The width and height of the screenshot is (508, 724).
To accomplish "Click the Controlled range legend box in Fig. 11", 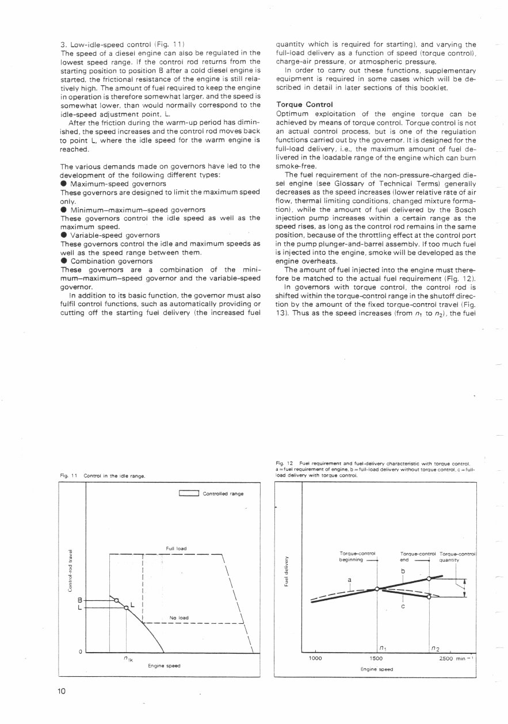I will pyautogui.click(x=189, y=493).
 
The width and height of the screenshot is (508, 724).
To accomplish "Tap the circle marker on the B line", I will pyautogui.click(x=117, y=600).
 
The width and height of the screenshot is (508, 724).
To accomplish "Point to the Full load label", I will pyautogui.click(x=173, y=548).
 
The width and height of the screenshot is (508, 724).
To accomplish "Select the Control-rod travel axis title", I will pyautogui.click(x=70, y=570).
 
